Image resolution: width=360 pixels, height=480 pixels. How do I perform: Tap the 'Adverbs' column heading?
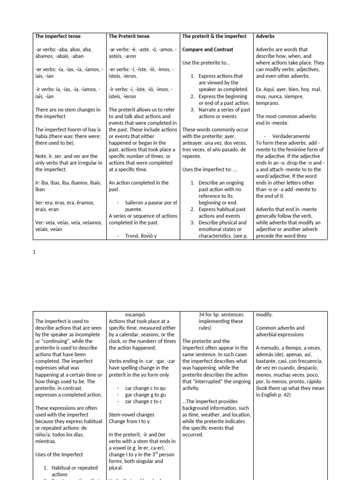(x=266, y=36)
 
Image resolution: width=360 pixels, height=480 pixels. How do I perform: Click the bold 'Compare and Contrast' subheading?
(x=207, y=49)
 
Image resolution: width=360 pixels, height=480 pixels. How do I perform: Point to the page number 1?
(x=34, y=252)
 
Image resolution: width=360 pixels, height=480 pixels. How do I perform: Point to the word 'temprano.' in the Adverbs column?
(x=270, y=103)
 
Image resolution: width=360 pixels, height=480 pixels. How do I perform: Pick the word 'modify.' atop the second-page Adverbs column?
(x=264, y=315)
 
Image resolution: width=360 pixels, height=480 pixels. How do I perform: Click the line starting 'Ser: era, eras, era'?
(x=65, y=202)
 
